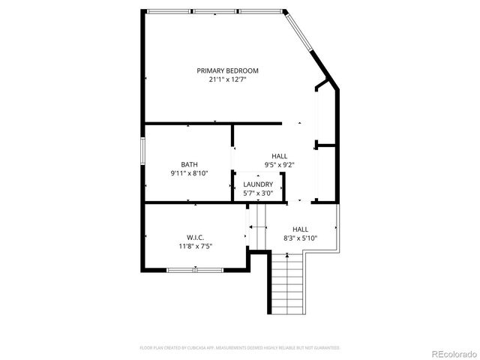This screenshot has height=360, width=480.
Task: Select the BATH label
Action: pos(189,164)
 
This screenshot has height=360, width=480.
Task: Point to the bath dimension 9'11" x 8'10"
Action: pos(189,173)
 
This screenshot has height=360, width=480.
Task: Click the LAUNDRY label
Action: pos(258,184)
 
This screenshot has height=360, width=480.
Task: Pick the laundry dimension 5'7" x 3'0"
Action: pos(258,193)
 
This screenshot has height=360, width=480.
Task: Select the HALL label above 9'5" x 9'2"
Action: pos(279,156)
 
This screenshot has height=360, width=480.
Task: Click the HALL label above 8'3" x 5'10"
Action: pos(300,229)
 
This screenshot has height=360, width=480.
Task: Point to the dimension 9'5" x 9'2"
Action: pos(279,164)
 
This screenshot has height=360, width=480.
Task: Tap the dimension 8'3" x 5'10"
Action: pos(300,238)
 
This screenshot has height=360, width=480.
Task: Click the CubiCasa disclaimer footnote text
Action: pos(240,348)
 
